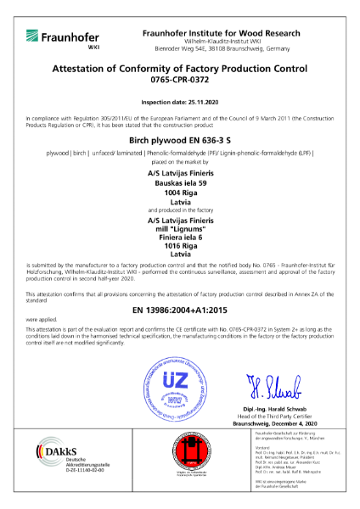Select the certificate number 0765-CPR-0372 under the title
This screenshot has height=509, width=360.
pyautogui.click(x=179, y=85)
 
